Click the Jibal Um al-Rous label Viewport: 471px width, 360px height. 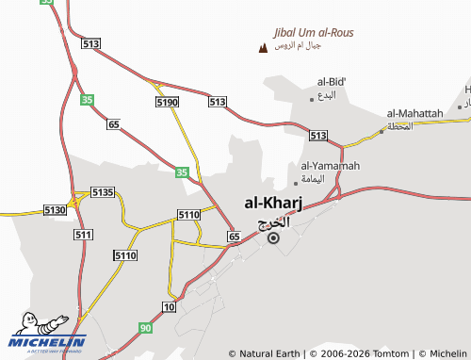coord(312,32)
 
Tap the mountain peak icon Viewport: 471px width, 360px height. coord(261,46)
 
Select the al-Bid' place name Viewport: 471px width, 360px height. coord(333,82)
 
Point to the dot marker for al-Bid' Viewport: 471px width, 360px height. coord(312,99)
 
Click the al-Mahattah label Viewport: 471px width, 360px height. coord(414,114)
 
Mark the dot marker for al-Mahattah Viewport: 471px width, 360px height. coord(382,130)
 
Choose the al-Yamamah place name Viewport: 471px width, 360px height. coord(330,167)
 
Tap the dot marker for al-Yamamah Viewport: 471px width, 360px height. coord(295,183)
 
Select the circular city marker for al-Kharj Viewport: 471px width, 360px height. coord(273,238)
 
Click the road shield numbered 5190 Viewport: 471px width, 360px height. coord(167,102)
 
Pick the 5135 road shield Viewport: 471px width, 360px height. coord(102,192)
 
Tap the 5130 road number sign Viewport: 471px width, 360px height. coord(55,210)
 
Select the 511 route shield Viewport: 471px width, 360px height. coord(83,234)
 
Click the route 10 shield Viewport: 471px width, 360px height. coord(169,307)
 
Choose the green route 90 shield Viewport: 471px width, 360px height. coord(145,327)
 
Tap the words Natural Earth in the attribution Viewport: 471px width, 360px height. coord(270,354)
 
